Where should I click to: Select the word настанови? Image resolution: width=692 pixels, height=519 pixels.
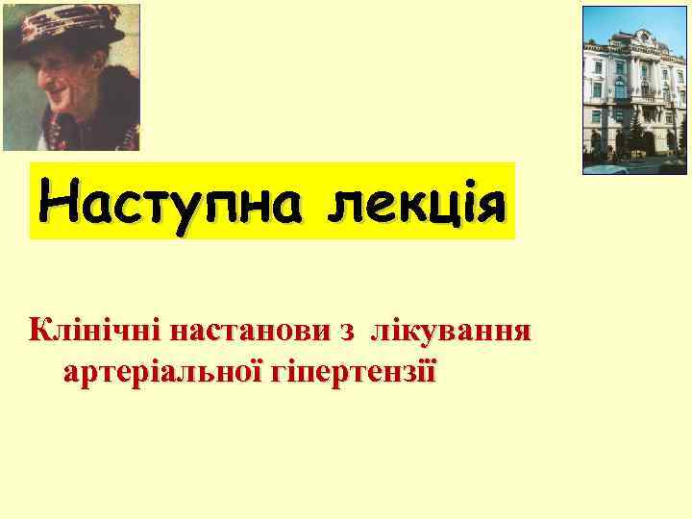[x=245, y=332]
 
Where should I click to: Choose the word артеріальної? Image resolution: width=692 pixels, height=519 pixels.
[x=155, y=370]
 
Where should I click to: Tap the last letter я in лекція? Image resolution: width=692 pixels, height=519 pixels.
[x=488, y=203]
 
